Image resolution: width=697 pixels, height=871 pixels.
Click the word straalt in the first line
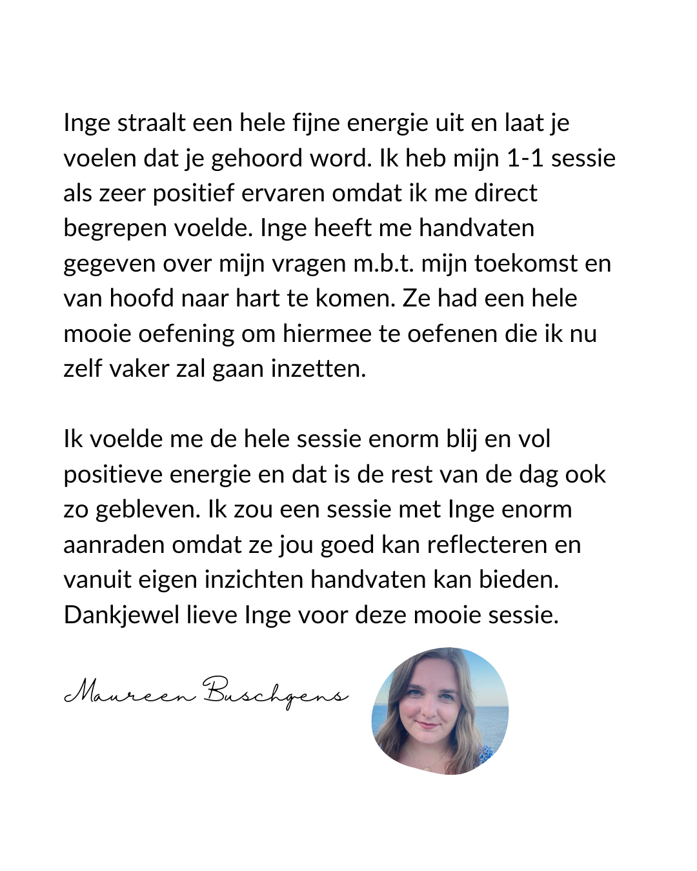(151, 123)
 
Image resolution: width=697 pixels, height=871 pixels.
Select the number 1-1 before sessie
(525, 158)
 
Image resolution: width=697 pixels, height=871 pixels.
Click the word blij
(461, 439)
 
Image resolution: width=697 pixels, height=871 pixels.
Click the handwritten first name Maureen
(130, 693)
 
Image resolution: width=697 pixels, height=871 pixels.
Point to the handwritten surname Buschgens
(275, 693)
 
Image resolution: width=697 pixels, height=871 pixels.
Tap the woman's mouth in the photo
(427, 725)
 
